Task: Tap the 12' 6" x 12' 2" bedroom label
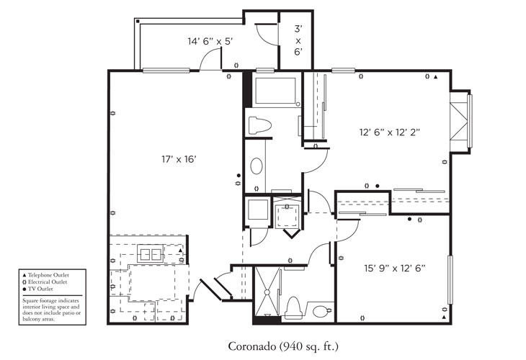pos(390,132)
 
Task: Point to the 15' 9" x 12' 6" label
pos(391,269)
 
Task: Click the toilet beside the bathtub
pos(258,125)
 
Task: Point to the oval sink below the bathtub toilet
pos(257,167)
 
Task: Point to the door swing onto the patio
pos(210,62)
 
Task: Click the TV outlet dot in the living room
pos(239,174)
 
